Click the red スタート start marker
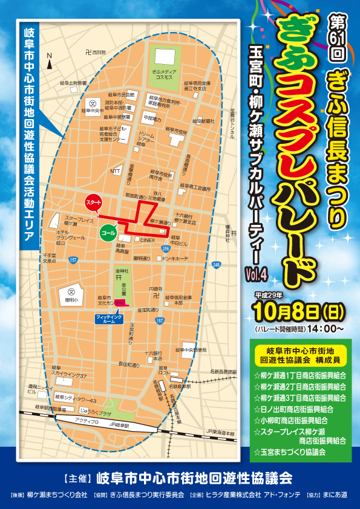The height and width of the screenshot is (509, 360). click(x=93, y=201)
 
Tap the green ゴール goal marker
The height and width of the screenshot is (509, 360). click(x=109, y=232)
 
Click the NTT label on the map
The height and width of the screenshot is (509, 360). click(x=116, y=171)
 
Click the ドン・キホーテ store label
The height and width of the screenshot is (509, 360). click(x=175, y=258)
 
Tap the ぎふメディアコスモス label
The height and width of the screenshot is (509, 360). click(x=163, y=75)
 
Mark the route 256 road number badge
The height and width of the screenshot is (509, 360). click(x=166, y=248)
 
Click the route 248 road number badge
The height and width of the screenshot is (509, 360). click(x=216, y=264)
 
